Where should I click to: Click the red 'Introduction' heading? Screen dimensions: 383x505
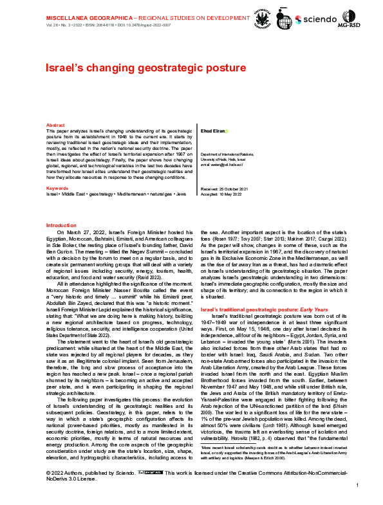click(x=62, y=225)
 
